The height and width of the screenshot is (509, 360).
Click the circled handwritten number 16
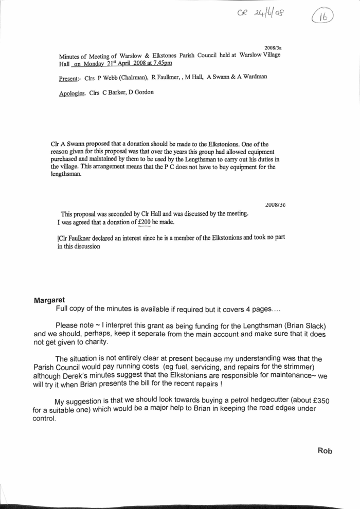coord(322,17)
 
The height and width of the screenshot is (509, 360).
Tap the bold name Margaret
coord(49,300)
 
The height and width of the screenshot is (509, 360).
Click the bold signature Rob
coord(325,451)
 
